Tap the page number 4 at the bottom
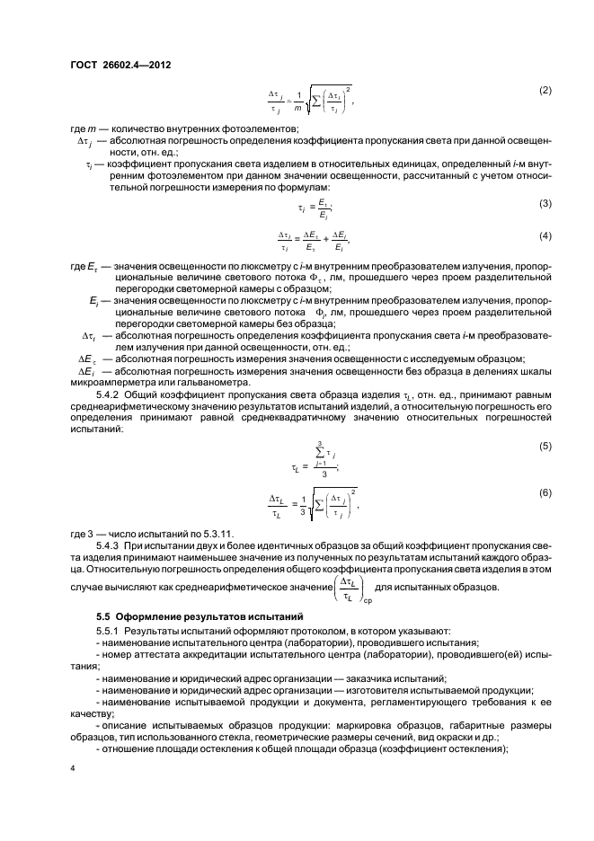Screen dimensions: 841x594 [73, 769]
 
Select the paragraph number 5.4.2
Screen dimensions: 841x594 [109, 393]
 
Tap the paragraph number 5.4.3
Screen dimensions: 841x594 [109, 544]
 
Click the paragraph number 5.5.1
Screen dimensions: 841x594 [109, 633]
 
